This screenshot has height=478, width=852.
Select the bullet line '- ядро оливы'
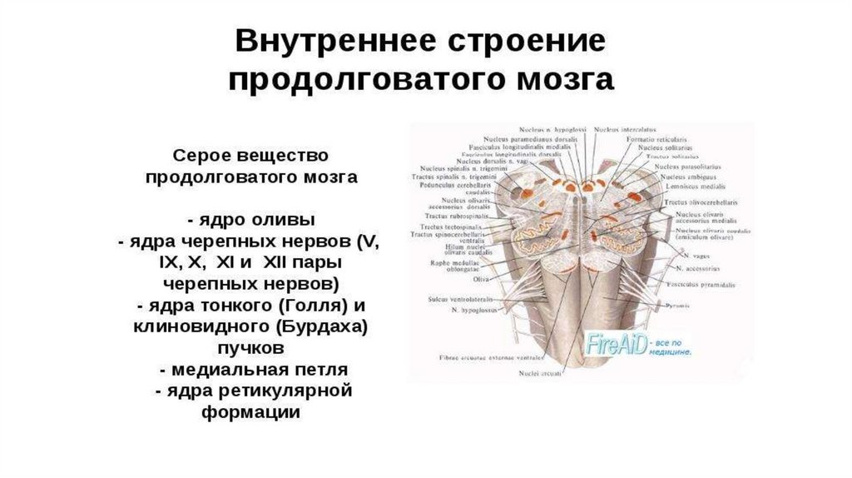pos(251,221)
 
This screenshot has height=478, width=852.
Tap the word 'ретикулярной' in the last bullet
pos(285,391)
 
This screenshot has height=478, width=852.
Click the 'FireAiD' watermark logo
pos(618,344)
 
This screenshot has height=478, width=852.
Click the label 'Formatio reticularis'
pos(654,139)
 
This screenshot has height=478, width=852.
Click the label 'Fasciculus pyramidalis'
pos(706,285)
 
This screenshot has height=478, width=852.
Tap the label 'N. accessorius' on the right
pos(700,269)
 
